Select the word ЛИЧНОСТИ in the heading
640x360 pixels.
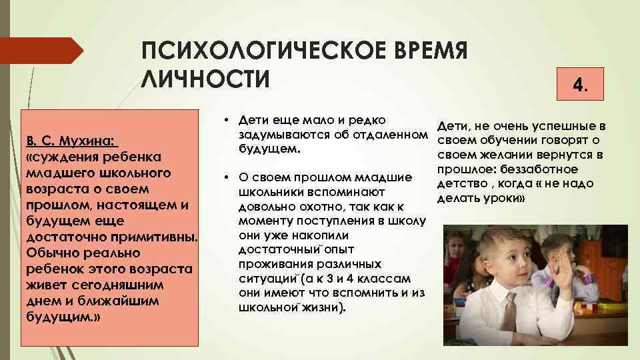point(206,78)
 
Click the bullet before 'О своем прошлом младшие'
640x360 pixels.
point(227,177)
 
